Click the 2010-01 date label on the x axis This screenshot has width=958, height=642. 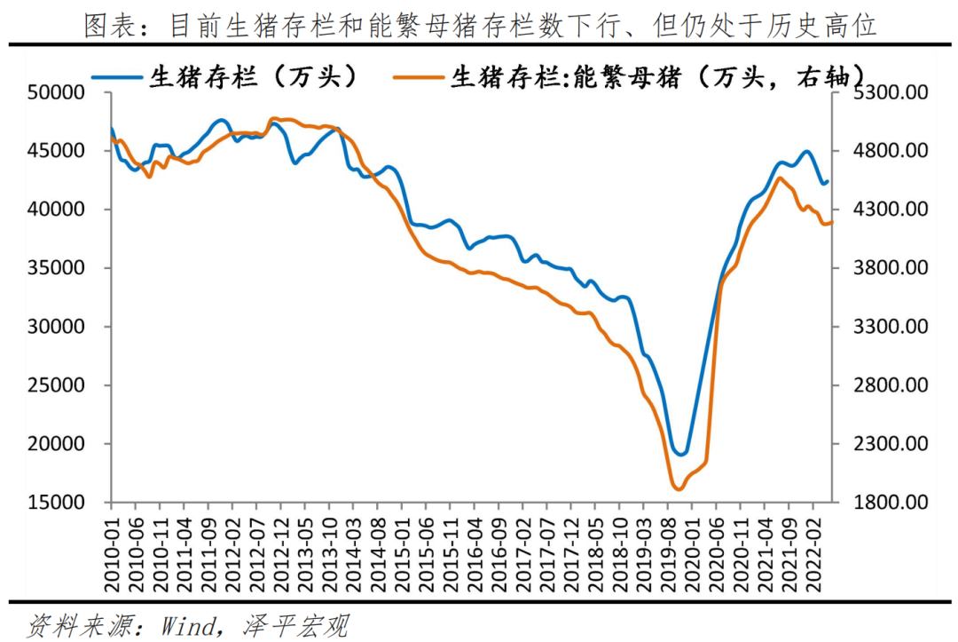pos(114,554)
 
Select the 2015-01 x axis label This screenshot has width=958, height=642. pos(404,554)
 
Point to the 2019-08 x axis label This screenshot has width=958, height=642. pos(676,554)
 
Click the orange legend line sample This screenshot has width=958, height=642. pos(418,77)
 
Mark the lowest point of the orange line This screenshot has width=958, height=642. pos(679,489)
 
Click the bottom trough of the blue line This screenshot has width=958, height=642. pos(681,455)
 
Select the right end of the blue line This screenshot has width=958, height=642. pos(827,181)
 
